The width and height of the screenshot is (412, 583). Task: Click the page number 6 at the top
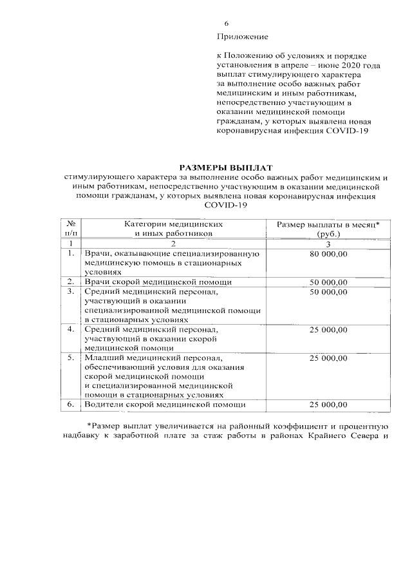pos(227,24)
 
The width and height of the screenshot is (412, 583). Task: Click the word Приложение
pos(243,37)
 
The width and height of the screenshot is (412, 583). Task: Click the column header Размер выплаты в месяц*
pos(328,224)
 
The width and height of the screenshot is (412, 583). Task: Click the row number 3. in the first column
pos(71,292)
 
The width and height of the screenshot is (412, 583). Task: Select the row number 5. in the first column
pos(71,357)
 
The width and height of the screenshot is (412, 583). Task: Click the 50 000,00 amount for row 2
pos(328,282)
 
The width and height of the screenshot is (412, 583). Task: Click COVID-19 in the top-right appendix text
pos(350,132)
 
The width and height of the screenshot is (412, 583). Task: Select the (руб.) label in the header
pos(328,234)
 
